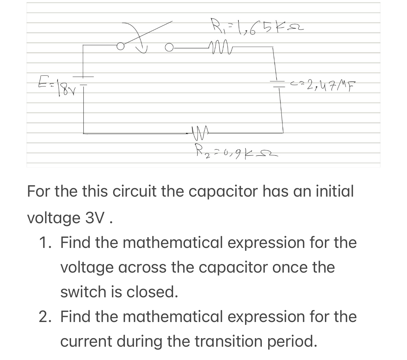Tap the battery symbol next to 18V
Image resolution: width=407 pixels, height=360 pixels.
84,80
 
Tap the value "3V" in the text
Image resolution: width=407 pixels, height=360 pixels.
93,218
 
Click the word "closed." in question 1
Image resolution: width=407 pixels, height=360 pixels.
152,292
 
